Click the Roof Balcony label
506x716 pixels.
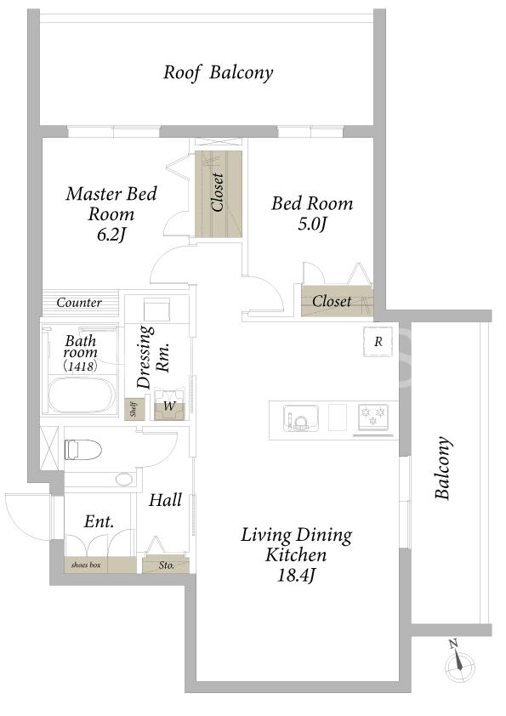pyautogui.click(x=219, y=72)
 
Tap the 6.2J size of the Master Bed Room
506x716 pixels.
pyautogui.click(x=111, y=235)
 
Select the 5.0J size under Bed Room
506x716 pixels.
pyautogui.click(x=312, y=224)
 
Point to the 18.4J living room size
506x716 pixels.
pyautogui.click(x=297, y=576)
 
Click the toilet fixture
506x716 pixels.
pyautogui.click(x=82, y=449)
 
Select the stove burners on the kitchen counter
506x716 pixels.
pyautogui.click(x=373, y=418)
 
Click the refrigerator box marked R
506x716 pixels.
pyautogui.click(x=378, y=342)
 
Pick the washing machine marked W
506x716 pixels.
pyautogui.click(x=170, y=405)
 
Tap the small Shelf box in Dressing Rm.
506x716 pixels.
pyautogui.click(x=134, y=410)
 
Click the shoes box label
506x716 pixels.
pyautogui.click(x=86, y=565)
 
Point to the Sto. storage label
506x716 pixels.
pyautogui.click(x=166, y=565)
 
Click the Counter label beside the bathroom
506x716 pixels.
pyautogui.click(x=79, y=302)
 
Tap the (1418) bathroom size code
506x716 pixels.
pyautogui.click(x=80, y=366)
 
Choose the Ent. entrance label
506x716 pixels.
pyautogui.click(x=99, y=521)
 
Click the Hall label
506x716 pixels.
pyautogui.click(x=165, y=500)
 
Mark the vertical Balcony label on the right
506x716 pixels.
pyautogui.click(x=441, y=468)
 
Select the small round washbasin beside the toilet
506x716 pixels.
pyautogui.click(x=123, y=479)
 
